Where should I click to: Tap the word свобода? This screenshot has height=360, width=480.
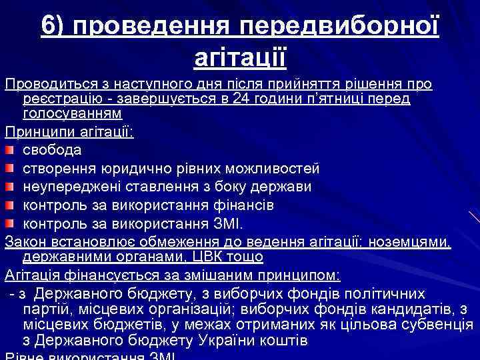[x=52, y=149]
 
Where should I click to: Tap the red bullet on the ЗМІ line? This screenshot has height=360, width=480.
[x=9, y=222]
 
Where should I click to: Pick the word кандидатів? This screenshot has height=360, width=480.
[x=409, y=308]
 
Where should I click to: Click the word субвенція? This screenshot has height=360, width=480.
[x=435, y=325]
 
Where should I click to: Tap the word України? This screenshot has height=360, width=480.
[x=234, y=341]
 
